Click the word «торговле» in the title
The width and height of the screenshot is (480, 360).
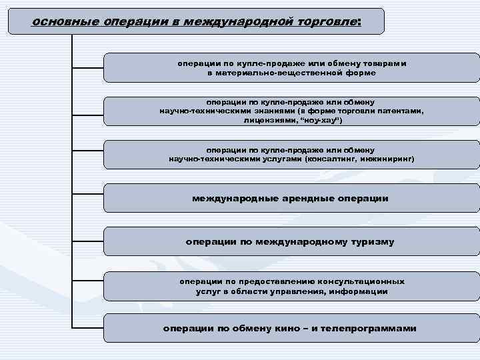323,21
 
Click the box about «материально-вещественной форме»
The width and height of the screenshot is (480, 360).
291,68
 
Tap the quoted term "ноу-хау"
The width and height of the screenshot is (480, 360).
322,121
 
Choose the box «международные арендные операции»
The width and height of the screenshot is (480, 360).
291,198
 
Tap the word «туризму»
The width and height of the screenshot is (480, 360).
371,241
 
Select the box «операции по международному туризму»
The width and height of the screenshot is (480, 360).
291,241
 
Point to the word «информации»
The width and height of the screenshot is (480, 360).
363,291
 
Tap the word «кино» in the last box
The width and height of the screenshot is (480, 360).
285,329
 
